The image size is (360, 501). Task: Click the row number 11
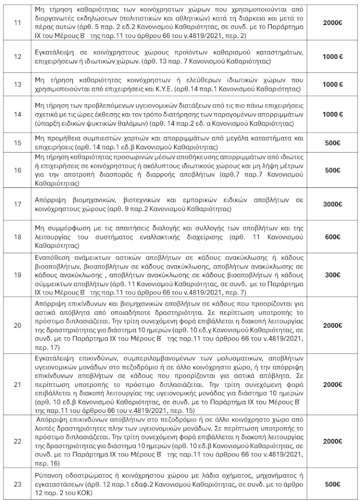click(17, 22)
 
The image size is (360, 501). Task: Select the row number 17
click(17, 204)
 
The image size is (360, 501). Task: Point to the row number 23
click(17, 485)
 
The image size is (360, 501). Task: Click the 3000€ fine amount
click(333, 204)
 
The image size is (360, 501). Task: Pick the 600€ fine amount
click(333, 236)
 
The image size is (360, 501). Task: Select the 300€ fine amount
click(333, 275)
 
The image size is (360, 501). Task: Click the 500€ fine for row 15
click(333, 143)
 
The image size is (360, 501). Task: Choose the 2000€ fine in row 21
click(333, 385)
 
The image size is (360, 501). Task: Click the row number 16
click(17, 170)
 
